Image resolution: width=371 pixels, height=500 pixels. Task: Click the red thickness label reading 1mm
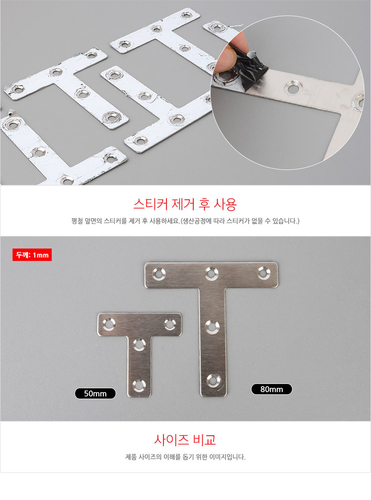(32, 255)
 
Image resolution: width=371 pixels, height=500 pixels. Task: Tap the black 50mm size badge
(95, 393)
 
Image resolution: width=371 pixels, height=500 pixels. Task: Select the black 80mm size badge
(271, 389)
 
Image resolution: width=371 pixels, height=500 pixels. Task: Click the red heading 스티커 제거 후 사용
(185, 204)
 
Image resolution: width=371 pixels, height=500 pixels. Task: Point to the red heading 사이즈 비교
(185, 440)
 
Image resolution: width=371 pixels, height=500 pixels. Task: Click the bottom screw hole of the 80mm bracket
(212, 381)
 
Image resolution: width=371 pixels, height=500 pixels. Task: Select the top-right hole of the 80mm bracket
(264, 273)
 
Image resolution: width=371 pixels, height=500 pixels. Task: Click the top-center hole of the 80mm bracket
(211, 274)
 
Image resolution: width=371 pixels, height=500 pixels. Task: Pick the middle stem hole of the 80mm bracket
(212, 327)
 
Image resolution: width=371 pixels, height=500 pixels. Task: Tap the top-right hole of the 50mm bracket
(170, 324)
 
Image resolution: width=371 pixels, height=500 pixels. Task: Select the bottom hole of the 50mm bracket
(139, 385)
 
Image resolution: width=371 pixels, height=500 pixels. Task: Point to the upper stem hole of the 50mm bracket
(139, 345)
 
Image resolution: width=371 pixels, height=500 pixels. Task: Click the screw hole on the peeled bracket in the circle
(293, 88)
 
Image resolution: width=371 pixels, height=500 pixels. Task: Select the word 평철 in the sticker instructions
(77, 221)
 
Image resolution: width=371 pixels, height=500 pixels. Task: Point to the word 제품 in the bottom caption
(131, 456)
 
